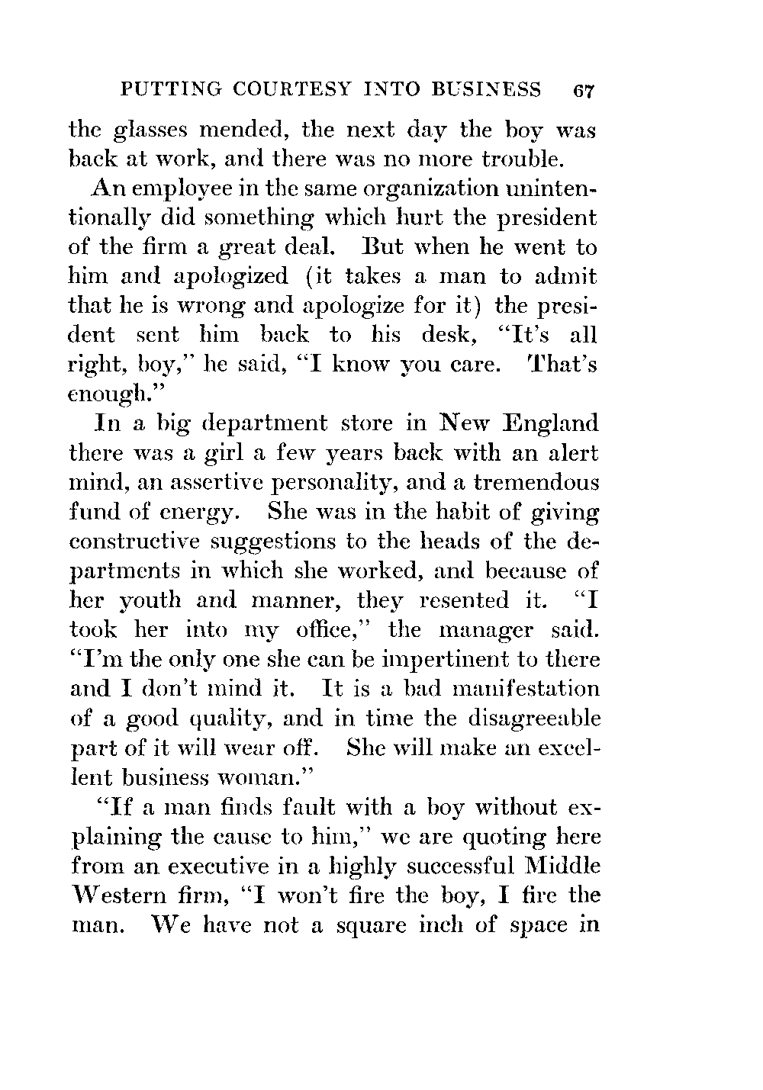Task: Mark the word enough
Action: tap(109, 393)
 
